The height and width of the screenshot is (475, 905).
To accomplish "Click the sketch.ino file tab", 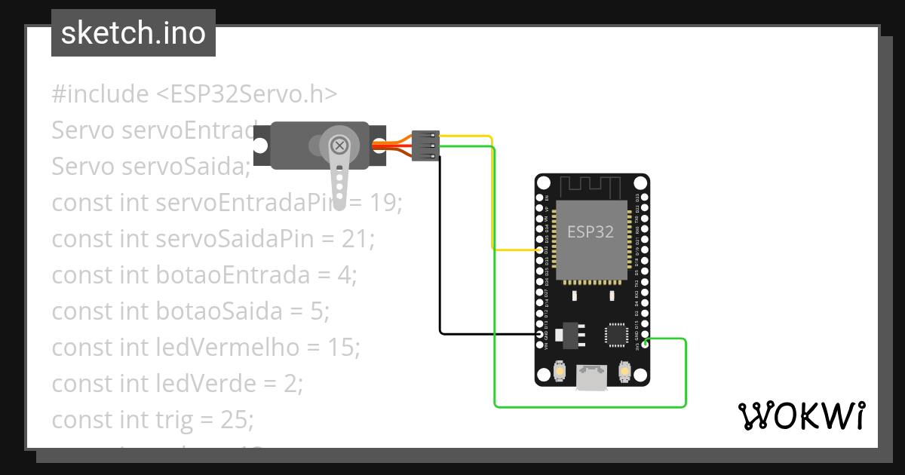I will tap(133, 33).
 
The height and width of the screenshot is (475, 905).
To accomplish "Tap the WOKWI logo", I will tap(801, 415).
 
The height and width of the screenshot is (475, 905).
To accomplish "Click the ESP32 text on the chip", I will tap(591, 232).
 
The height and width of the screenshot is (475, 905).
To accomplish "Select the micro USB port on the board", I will tap(592, 377).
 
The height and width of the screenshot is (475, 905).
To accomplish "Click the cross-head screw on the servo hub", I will tap(340, 144).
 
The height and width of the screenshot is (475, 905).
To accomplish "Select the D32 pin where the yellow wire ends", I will tap(539, 250).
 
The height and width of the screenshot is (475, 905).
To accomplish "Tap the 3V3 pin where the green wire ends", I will tap(646, 341).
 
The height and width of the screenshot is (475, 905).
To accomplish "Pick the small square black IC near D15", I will tap(615, 335).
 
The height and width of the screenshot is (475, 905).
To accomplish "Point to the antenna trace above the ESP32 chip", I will tap(591, 185).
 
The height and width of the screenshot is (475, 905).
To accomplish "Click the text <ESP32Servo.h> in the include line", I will tap(247, 94).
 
